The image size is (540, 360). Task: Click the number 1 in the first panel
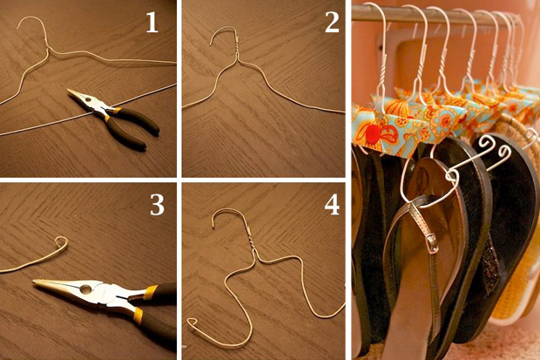[x=152, y=24]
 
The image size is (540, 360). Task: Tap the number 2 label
[x=332, y=24]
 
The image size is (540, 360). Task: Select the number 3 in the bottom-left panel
[x=157, y=205]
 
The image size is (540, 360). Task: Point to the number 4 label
[x=332, y=205]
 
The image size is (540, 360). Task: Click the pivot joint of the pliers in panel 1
[x=91, y=100]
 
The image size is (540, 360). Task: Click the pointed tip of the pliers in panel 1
[x=69, y=90]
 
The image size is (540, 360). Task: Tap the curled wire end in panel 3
[x=62, y=242]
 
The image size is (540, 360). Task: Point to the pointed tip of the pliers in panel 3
[x=35, y=282]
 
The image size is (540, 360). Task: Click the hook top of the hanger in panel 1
[x=31, y=18]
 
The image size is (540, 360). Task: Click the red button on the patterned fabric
[x=372, y=132]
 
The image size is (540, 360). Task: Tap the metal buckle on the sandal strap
[x=431, y=242]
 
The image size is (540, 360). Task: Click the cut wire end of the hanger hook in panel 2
[x=211, y=44]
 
